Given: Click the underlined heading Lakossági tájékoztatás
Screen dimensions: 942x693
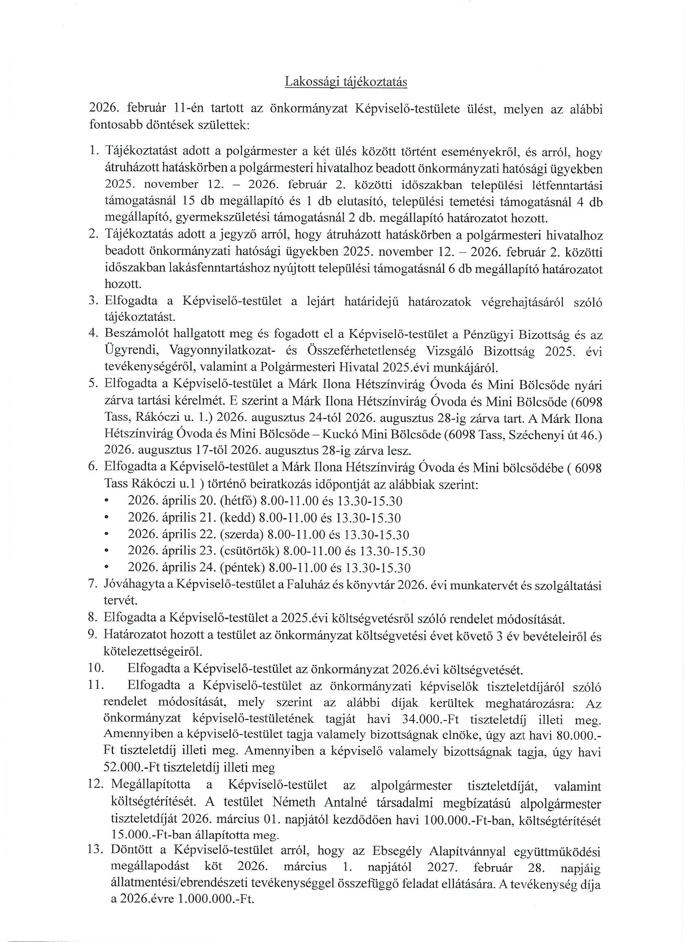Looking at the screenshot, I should click(345, 82).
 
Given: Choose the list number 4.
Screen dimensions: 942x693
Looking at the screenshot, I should click(93, 334).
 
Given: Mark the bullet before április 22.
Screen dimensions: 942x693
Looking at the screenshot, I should click(107, 535).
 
